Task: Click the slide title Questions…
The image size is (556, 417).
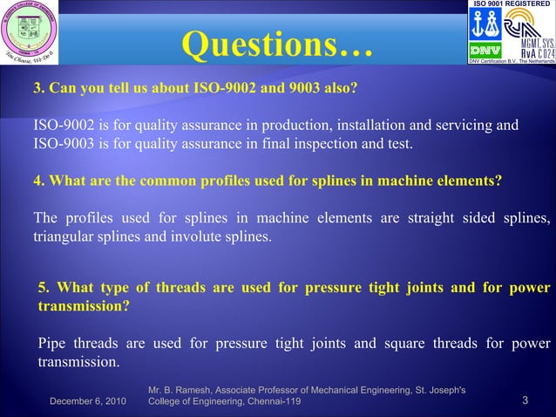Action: click(x=277, y=45)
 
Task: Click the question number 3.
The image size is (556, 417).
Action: click(x=37, y=89)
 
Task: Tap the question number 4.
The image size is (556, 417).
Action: click(x=37, y=181)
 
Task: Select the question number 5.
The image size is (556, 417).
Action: click(x=43, y=288)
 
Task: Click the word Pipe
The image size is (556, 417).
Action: click(x=52, y=343)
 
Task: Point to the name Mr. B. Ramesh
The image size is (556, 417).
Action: click(x=180, y=389)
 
